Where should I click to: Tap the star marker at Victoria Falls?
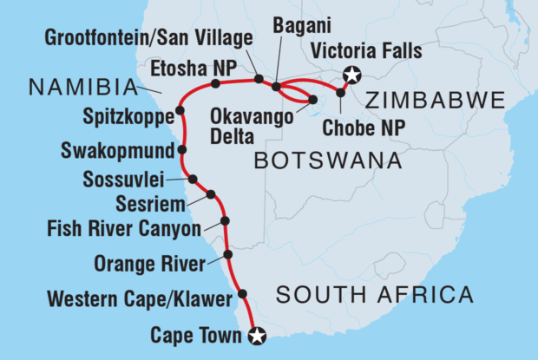coord(351,75)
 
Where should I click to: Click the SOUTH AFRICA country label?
coord(374,295)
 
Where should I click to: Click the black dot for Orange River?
coord(227,254)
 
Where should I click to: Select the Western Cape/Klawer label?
coord(139,301)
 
